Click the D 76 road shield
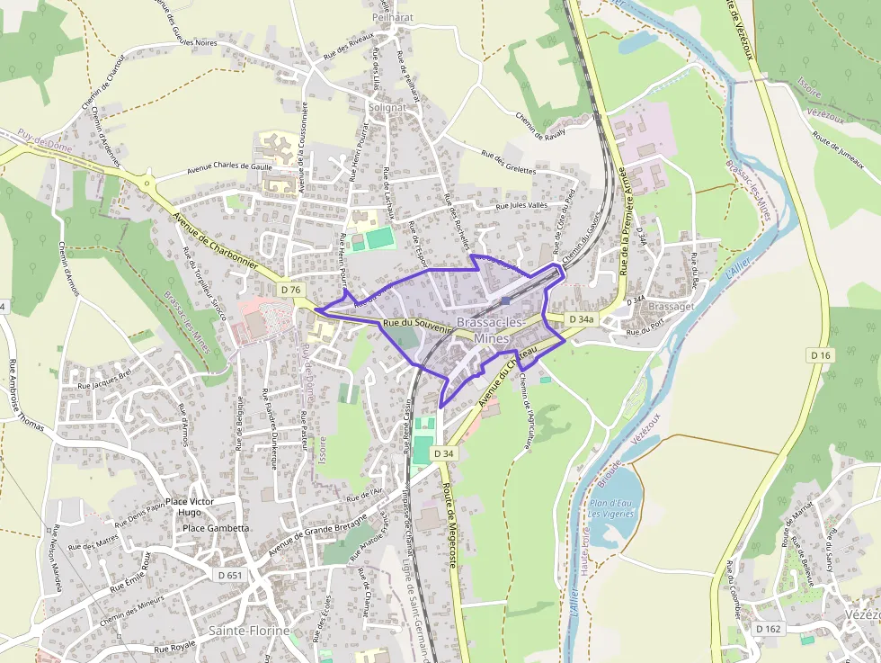tap(290, 290)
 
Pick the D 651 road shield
tap(228, 574)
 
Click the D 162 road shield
tap(767, 628)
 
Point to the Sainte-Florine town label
tap(250, 631)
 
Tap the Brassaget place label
tap(671, 306)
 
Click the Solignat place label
tap(387, 107)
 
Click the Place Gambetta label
tap(216, 528)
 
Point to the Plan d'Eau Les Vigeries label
tap(611, 508)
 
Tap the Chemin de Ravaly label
tap(540, 124)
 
